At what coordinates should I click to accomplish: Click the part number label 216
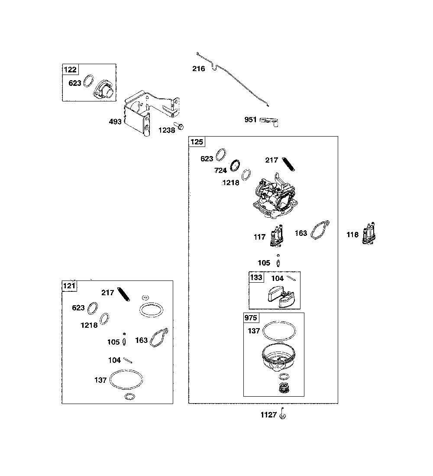(x=199, y=68)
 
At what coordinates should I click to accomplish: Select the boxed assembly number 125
(x=197, y=142)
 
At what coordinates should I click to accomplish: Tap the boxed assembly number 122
(x=70, y=69)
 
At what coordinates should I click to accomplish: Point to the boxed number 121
(x=69, y=286)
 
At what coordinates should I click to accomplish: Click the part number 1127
(x=268, y=415)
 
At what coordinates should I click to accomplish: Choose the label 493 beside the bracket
(x=115, y=121)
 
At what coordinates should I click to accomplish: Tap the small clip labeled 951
(x=269, y=121)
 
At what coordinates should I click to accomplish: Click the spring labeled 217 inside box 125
(x=288, y=164)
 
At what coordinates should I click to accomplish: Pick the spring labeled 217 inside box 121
(x=124, y=294)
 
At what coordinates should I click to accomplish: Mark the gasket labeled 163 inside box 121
(x=159, y=337)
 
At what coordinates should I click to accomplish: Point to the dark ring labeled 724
(x=235, y=166)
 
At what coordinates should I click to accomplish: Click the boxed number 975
(x=251, y=318)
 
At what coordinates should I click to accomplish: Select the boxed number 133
(x=256, y=277)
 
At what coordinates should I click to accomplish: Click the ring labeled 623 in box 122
(x=88, y=81)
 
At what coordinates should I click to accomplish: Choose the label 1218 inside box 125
(x=231, y=183)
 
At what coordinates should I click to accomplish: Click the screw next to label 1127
(x=283, y=414)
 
